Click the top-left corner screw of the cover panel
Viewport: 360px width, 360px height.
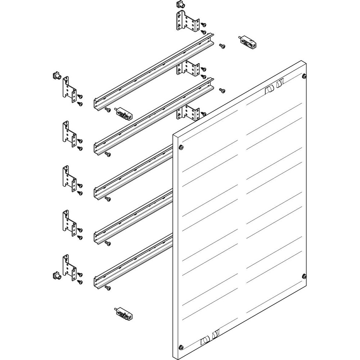coord(181,147)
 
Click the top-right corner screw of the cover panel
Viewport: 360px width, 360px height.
coord(305,76)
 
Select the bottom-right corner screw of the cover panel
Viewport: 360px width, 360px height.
coord(305,276)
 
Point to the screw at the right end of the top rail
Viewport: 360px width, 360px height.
coord(222,46)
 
